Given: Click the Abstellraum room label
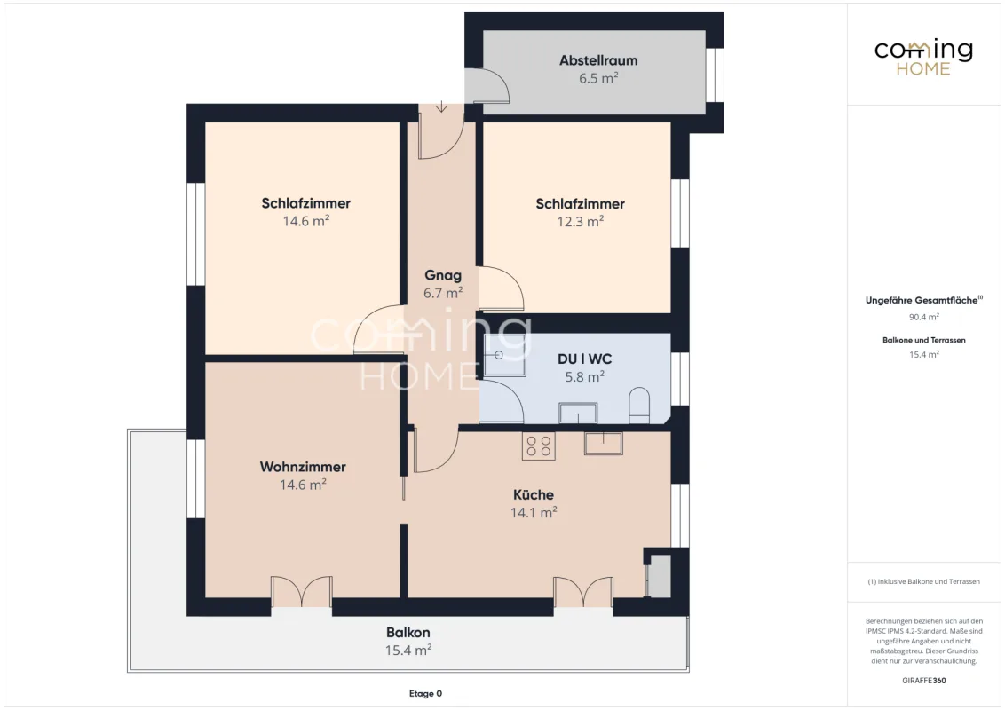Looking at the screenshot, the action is (x=598, y=60).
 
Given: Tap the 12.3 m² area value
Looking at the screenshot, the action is (x=580, y=221).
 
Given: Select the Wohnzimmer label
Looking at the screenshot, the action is (x=303, y=467).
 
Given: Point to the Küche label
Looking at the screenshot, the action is (x=534, y=494).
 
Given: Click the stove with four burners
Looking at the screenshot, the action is (x=538, y=446).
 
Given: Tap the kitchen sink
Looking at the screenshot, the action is (x=603, y=443).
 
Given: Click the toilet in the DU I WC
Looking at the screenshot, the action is (x=639, y=405).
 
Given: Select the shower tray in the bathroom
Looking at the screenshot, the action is (x=504, y=355).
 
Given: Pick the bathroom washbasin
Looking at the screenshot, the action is (x=578, y=413).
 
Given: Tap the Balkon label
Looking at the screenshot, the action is (x=408, y=633).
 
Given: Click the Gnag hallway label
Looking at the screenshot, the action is (x=443, y=275).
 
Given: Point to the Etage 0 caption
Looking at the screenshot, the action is (x=425, y=693).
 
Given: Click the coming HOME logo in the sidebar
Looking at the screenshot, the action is (x=923, y=58).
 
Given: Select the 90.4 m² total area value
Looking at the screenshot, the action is (x=923, y=317).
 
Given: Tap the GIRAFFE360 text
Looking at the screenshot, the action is (x=923, y=681).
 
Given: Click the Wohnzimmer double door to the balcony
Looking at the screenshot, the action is (x=301, y=591).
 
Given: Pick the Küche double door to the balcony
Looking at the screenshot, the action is (x=583, y=591).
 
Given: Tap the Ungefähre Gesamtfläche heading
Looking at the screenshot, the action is (x=923, y=300).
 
